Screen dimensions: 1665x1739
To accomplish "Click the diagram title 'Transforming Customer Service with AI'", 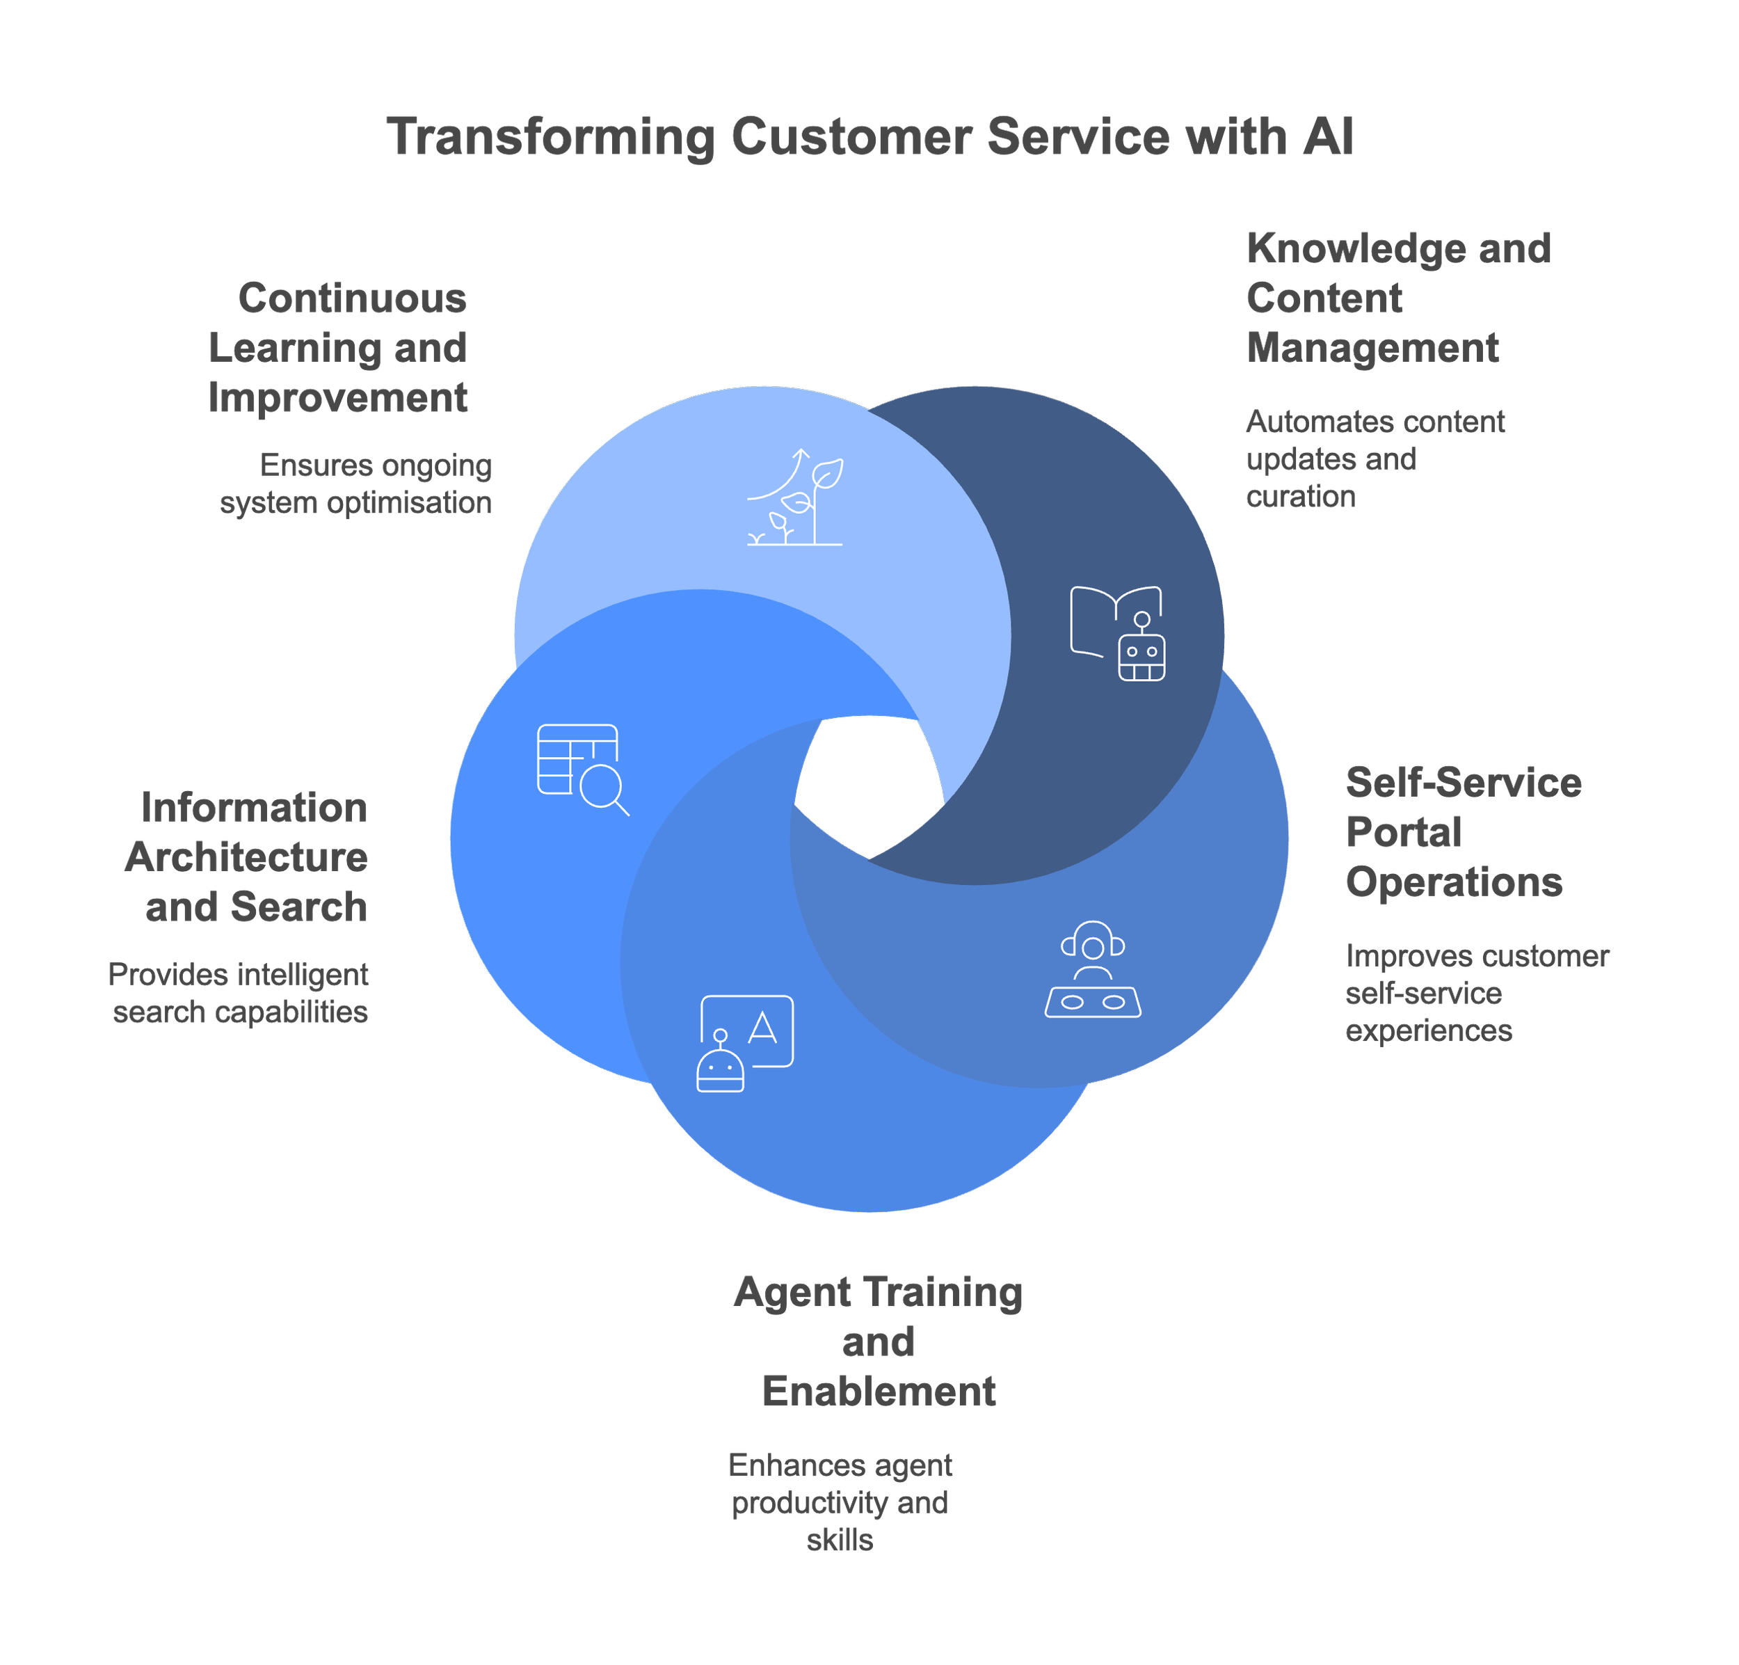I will click(869, 138).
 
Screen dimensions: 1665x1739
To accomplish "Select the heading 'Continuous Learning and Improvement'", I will click(338, 348).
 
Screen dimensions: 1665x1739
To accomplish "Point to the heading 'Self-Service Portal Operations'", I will click(1461, 832).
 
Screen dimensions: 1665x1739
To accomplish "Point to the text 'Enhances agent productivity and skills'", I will click(840, 1503).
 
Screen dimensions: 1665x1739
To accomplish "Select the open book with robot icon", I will click(1117, 632).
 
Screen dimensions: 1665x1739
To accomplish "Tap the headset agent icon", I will click(1093, 969).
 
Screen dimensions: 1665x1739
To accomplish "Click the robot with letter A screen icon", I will click(745, 1043).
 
